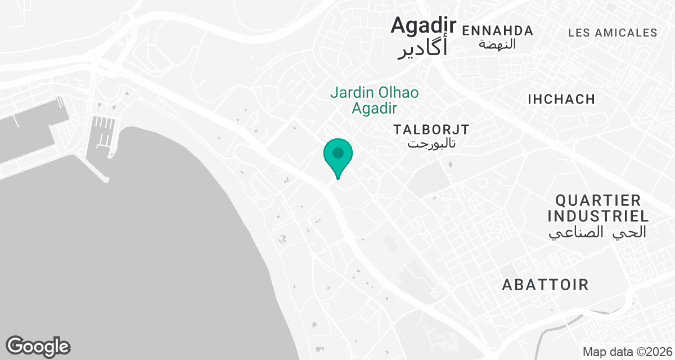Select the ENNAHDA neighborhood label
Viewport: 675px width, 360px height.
pos(497,30)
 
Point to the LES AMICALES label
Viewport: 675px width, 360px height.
pos(613,33)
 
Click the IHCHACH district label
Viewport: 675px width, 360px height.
pos(561,100)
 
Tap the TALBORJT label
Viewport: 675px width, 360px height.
pos(431,129)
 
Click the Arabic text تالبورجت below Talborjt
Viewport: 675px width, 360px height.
pos(431,143)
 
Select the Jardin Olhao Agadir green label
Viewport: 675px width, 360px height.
pos(374,100)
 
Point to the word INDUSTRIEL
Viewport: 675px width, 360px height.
pos(598,216)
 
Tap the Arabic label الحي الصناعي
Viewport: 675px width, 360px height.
pos(597,232)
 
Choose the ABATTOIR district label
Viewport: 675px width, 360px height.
pos(545,285)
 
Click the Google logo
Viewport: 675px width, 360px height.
pos(38,346)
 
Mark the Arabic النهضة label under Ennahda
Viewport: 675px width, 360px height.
pos(497,44)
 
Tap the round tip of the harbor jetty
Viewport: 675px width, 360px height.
pos(105,179)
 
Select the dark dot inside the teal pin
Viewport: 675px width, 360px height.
pos(338,153)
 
